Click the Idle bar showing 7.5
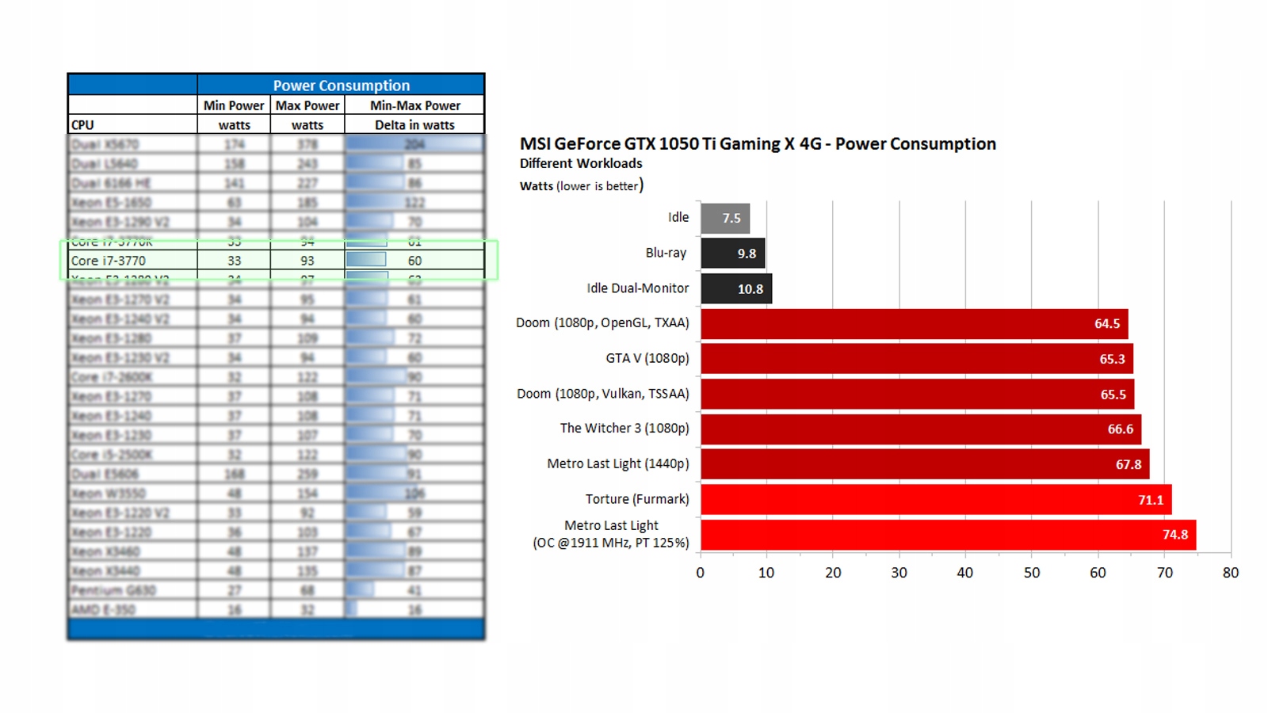pyautogui.click(x=724, y=218)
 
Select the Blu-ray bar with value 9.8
pyautogui.click(x=732, y=254)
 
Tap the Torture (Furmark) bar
pyautogui.click(x=935, y=500)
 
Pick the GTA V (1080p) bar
pyautogui.click(x=915, y=359)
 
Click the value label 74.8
pyautogui.click(x=1174, y=535)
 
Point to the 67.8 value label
pyautogui.click(x=1128, y=464)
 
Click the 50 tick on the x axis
pyautogui.click(x=1031, y=573)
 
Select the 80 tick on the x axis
pyautogui.click(x=1230, y=573)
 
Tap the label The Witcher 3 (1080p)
pyautogui.click(x=624, y=429)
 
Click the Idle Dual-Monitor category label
pyautogui.click(x=637, y=288)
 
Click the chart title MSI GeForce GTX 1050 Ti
pyautogui.click(x=757, y=144)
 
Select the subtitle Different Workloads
pyautogui.click(x=581, y=163)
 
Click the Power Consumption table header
pyautogui.click(x=341, y=86)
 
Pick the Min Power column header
pyautogui.click(x=234, y=105)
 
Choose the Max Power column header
pyautogui.click(x=307, y=105)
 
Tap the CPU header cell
pyautogui.click(x=82, y=125)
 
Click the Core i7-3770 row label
pyautogui.click(x=109, y=261)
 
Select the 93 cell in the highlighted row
pyautogui.click(x=307, y=261)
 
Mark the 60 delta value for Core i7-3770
pyautogui.click(x=414, y=261)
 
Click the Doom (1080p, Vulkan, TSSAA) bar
pyautogui.click(x=916, y=395)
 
